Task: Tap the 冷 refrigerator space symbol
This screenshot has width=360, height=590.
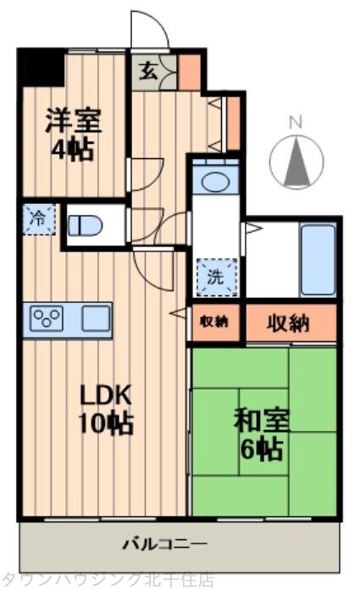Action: click(x=38, y=219)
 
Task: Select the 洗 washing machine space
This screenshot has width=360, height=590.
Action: click(x=213, y=275)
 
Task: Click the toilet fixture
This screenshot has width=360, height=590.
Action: click(x=85, y=225)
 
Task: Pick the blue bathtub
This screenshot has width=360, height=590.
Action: click(x=318, y=258)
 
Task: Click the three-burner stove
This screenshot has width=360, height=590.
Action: click(x=47, y=319)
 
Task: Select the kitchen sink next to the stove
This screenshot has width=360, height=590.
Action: click(x=95, y=319)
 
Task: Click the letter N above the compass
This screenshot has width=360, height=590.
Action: click(x=295, y=122)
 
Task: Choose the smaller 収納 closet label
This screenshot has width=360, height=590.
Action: click(x=213, y=322)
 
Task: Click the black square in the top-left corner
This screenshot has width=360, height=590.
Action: click(x=42, y=68)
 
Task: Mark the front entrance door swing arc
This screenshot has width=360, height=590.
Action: click(x=151, y=30)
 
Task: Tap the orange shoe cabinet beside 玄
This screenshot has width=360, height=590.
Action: click(x=188, y=71)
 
